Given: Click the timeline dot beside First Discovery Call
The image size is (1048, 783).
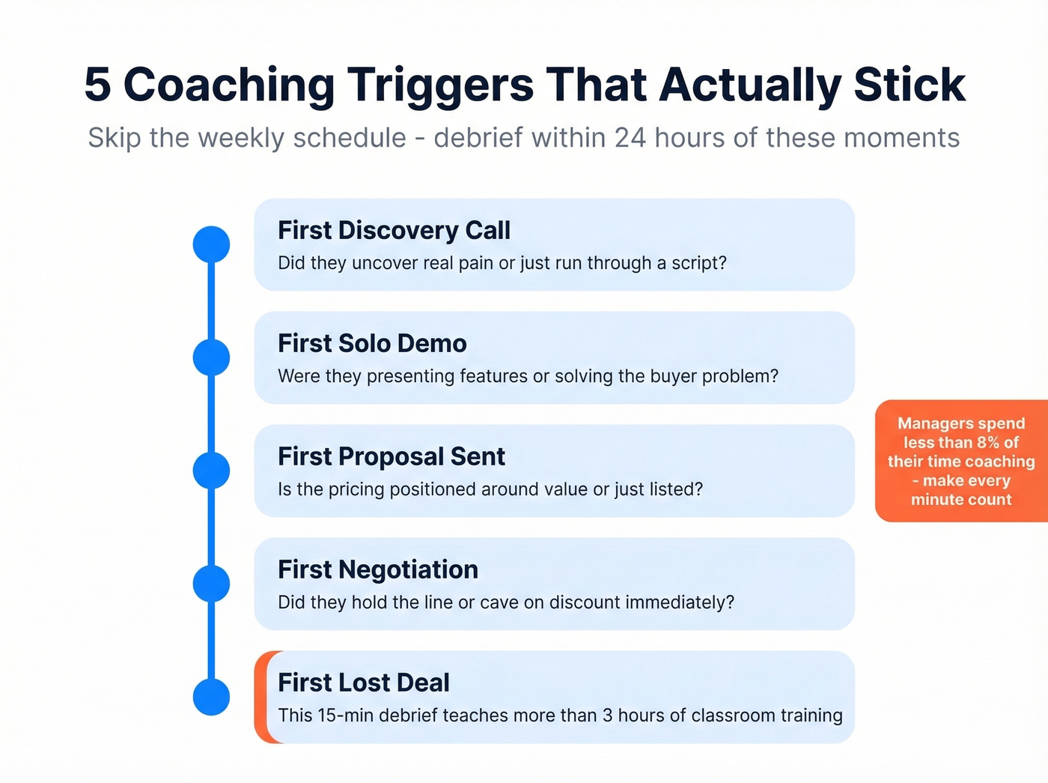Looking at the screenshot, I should point(211,244).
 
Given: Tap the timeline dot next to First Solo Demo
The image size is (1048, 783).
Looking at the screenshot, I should point(211,357).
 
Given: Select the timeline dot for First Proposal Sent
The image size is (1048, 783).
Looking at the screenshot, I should point(211,471).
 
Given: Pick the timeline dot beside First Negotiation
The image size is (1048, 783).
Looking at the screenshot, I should point(211,584).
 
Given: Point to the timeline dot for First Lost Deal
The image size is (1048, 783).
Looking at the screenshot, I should point(211,697).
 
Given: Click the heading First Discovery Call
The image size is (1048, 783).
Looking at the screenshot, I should point(394,230).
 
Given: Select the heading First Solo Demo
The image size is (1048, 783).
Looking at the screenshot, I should point(372,343).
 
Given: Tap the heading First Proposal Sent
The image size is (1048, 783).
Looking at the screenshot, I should point(392,456).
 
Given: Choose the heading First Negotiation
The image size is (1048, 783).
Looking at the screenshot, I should point(378,569).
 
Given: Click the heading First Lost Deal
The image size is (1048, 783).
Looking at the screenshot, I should point(364,683).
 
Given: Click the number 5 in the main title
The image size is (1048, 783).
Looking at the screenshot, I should point(97,85).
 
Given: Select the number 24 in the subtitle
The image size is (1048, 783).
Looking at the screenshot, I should point(630,138).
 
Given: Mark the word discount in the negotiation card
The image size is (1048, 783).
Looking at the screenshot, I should point(585,602).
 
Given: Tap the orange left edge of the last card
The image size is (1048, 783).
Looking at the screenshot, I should point(262,697).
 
